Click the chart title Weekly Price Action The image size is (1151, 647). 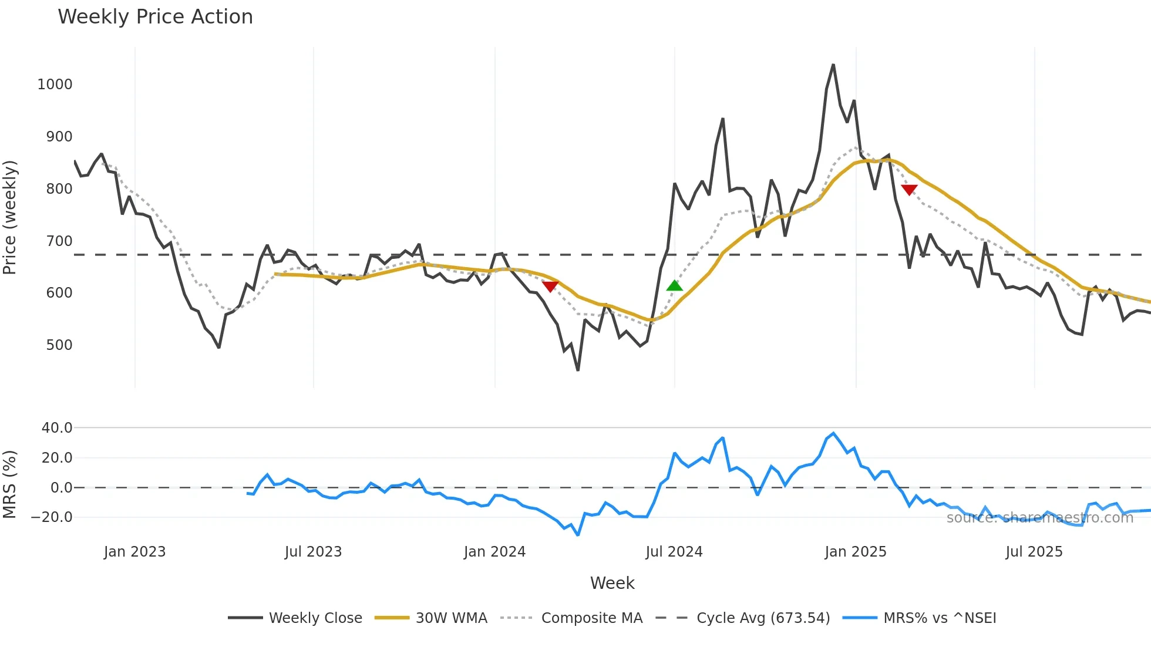(x=155, y=17)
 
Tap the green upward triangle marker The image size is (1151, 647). (x=675, y=286)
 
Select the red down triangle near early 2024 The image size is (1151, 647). (x=550, y=287)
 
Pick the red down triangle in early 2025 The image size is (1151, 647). (x=909, y=190)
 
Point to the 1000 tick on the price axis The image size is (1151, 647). (x=55, y=85)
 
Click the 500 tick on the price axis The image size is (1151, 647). (x=59, y=345)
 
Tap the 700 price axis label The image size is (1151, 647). (x=59, y=241)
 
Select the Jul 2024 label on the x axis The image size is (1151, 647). (x=674, y=552)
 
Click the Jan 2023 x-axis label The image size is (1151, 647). (x=134, y=552)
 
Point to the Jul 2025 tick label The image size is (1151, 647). (x=1034, y=552)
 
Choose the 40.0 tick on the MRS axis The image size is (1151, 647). (x=57, y=428)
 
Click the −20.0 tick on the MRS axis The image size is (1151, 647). (x=52, y=517)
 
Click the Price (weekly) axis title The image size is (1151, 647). (x=10, y=217)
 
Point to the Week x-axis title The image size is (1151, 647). (x=612, y=583)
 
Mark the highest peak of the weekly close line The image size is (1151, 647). (x=833, y=65)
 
